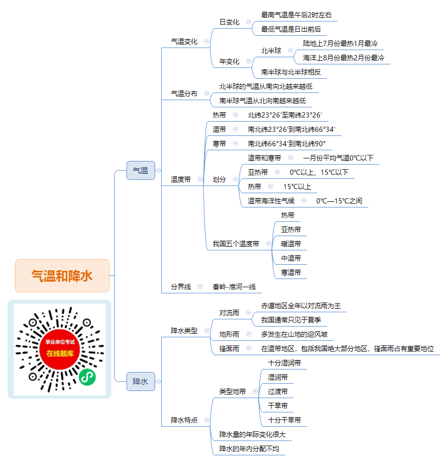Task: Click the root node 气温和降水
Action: [x=62, y=276]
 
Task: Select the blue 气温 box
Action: [x=141, y=170]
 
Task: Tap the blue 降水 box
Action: [x=141, y=382]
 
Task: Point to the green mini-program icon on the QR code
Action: [x=87, y=377]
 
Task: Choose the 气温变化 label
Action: [x=184, y=41]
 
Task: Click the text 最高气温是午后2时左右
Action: [x=296, y=15]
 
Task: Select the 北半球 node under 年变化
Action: [x=271, y=51]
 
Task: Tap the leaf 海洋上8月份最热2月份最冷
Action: [x=343, y=58]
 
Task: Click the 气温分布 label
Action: [x=184, y=94]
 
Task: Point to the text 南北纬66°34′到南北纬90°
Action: [x=287, y=144]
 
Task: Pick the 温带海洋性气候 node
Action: [x=271, y=201]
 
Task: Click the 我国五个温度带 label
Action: [x=236, y=244]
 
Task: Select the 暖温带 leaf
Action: [x=291, y=244]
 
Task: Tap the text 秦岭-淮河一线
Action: [x=234, y=287]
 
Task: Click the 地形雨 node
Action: [x=229, y=334]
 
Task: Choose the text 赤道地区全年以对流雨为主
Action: [x=301, y=306]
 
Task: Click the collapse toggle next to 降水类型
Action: [x=207, y=331]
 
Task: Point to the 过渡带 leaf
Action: [x=278, y=391]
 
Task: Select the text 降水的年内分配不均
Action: [x=249, y=449]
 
